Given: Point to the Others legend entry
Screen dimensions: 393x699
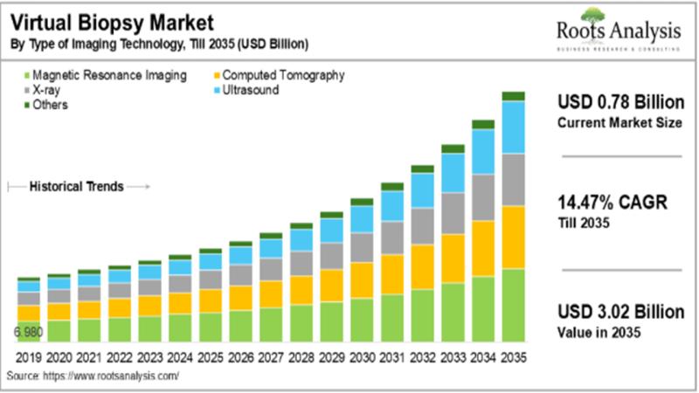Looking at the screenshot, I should (x=51, y=105).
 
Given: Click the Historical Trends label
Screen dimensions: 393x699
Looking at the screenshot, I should (x=77, y=186).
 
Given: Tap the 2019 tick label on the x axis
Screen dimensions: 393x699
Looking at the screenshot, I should (x=28, y=356).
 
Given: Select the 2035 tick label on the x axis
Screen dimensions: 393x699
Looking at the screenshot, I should (x=513, y=356).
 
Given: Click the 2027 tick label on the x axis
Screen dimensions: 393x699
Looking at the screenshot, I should (x=271, y=356).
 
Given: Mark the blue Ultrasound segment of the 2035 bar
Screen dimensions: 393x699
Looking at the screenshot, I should (x=513, y=128).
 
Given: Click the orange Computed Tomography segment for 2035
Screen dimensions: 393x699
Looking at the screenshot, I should (x=513, y=237).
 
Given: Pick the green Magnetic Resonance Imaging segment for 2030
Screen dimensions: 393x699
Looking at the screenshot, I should (x=361, y=320).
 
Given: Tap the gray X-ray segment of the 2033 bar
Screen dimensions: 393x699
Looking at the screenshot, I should (x=453, y=213).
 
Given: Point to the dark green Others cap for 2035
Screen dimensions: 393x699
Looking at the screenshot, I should (x=513, y=96).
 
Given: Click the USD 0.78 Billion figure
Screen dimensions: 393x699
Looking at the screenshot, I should (x=619, y=103).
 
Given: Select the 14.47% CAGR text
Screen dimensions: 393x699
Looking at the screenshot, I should (x=612, y=203).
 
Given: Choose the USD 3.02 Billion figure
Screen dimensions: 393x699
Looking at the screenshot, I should (x=620, y=313).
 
